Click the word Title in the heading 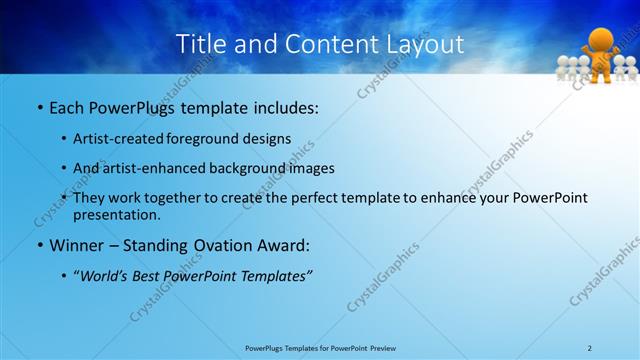200,45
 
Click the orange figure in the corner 600,55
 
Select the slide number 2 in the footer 590,348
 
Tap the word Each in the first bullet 66,107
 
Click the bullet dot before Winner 40,245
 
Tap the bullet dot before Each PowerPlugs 40,107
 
